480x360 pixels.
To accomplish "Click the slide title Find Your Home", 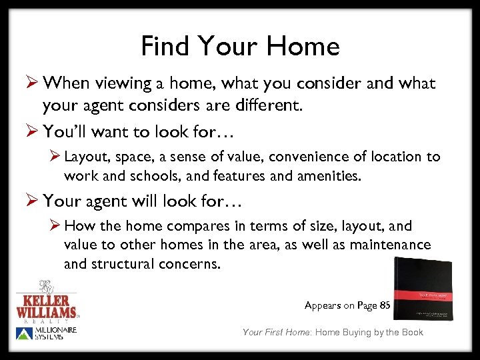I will pos(240,46).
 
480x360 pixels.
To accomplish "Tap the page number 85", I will pos(384,305).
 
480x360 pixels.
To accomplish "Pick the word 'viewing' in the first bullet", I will pos(123,83).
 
